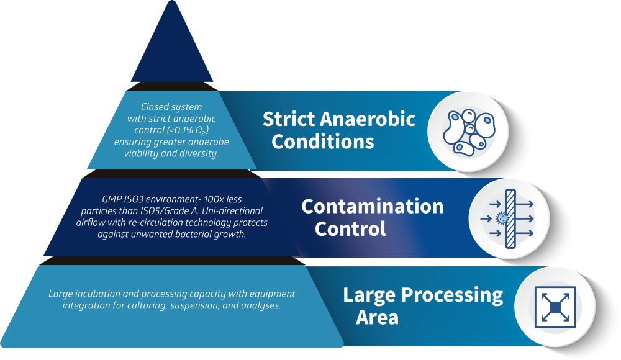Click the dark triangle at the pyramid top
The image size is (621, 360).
tap(172, 50)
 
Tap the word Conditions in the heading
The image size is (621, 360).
tap(323, 142)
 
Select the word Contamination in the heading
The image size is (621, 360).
tap(372, 206)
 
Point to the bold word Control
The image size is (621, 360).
tap(350, 229)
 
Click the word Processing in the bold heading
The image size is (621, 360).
tap(452, 295)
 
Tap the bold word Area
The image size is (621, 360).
tap(377, 317)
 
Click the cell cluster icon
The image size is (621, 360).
tap(469, 132)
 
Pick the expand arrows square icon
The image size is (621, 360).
tap(555, 307)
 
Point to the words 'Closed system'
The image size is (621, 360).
tap(171, 107)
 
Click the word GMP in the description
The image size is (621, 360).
tap(111, 199)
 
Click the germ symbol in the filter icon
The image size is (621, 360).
tap(501, 218)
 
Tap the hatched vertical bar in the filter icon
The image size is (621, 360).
tap(510, 218)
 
